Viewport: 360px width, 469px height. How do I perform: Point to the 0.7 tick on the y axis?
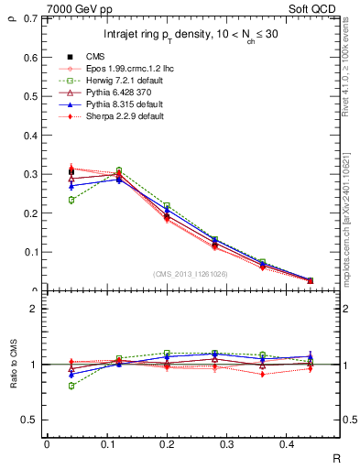click(33, 18)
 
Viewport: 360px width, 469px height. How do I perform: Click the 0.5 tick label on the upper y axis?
click(33, 96)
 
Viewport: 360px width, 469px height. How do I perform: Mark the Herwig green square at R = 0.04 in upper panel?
click(71, 200)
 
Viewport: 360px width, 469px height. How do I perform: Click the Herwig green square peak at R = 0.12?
click(119, 170)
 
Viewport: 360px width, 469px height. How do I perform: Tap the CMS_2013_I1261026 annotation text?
click(191, 273)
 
